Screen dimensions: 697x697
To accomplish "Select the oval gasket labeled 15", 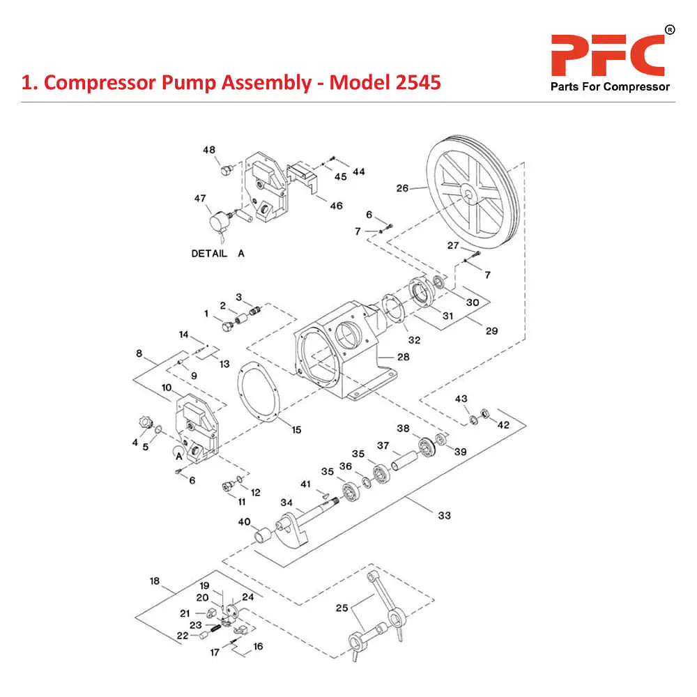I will click(259, 395).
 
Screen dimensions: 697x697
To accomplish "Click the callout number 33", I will click(444, 515).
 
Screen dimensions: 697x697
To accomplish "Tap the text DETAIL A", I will click(218, 254).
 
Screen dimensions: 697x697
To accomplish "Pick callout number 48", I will click(209, 150).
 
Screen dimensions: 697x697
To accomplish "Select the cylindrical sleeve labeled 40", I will click(263, 537).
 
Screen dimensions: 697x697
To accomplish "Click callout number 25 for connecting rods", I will click(342, 608).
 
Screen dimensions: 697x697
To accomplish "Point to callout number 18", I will click(155, 581).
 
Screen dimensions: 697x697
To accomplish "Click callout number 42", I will click(503, 424).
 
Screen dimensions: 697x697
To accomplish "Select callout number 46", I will click(337, 206).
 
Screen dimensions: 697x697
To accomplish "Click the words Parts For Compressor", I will click(609, 87).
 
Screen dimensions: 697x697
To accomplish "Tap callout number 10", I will click(167, 388).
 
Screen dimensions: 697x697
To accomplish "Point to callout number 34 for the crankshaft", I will click(286, 502).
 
